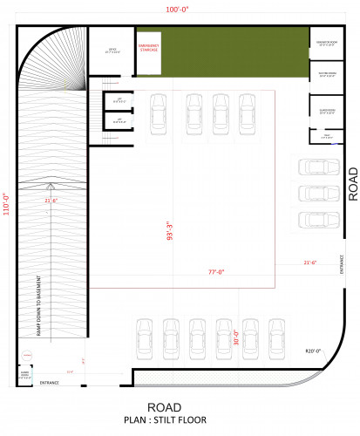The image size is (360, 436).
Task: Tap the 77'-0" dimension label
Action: tap(215, 272)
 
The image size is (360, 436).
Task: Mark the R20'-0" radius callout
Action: tap(313, 351)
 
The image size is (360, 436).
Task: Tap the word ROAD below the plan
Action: tap(164, 407)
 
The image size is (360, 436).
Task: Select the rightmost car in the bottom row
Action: tap(277, 337)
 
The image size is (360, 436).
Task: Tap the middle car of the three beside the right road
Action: tap(314, 193)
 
